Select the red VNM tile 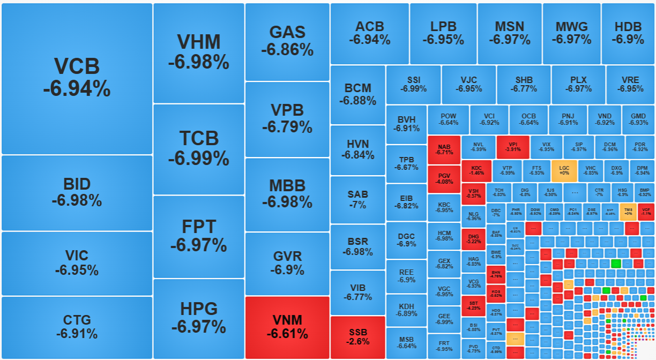pyautogui.click(x=287, y=327)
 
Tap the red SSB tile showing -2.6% pyautogui.click(x=357, y=337)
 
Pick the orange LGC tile pyautogui.click(x=564, y=170)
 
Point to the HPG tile pyautogui.click(x=199, y=318)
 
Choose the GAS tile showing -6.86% pyautogui.click(x=287, y=41)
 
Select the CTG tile pyautogui.click(x=77, y=327)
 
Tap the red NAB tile pyautogui.click(x=444, y=149)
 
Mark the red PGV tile pyautogui.click(x=444, y=179)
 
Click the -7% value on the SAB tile pyautogui.click(x=357, y=205)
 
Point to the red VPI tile pyautogui.click(x=512, y=147)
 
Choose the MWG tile pyautogui.click(x=571, y=33)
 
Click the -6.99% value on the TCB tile pyautogui.click(x=199, y=159)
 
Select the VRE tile pyautogui.click(x=630, y=85)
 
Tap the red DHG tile pyautogui.click(x=473, y=239)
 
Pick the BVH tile pyautogui.click(x=406, y=124)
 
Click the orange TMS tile pyautogui.click(x=628, y=212)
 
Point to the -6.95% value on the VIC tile pyautogui.click(x=77, y=271)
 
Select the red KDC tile pyautogui.click(x=476, y=171)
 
